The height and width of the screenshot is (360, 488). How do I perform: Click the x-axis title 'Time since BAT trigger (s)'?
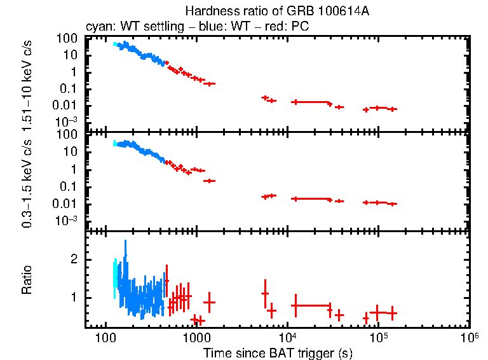pyautogui.click(x=278, y=352)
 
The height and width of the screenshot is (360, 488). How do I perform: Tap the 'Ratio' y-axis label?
pyautogui.click(x=27, y=280)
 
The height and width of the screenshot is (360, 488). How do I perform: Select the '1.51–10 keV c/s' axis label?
pyautogui.click(x=27, y=82)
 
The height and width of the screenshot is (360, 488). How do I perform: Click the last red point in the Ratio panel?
pyautogui.click(x=393, y=313)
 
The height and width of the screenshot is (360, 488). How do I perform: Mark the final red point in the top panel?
pyautogui.click(x=393, y=109)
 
